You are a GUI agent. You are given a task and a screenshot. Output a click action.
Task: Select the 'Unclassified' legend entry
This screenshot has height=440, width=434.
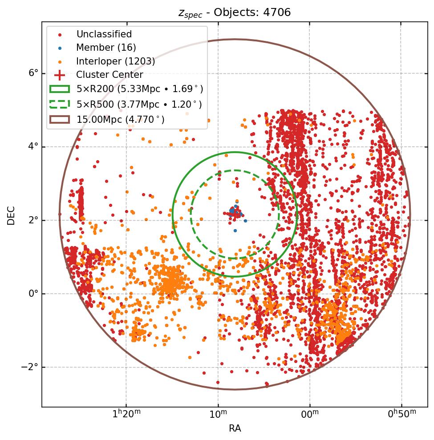tap(104, 34)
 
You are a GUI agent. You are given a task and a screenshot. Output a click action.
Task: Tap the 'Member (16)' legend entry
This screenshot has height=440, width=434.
tap(106, 48)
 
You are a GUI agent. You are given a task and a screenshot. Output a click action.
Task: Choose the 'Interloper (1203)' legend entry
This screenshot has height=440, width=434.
tap(115, 61)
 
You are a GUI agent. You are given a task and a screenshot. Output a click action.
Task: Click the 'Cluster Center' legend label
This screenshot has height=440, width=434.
tap(110, 75)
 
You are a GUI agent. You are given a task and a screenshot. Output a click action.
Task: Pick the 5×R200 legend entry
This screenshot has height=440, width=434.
tap(139, 89)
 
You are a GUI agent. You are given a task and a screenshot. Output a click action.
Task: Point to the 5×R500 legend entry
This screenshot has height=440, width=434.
tap(139, 104)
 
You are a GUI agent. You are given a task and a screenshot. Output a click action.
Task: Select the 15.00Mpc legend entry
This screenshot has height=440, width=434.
tap(120, 119)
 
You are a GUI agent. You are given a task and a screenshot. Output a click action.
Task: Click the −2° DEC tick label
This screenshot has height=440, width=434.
tap(31, 367)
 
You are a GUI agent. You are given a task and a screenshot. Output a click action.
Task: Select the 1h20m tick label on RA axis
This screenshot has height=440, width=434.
tap(126, 414)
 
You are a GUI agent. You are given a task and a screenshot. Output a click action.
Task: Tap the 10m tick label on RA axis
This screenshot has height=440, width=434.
tap(218, 414)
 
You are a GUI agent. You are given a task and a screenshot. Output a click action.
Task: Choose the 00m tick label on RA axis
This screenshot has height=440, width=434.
tap(310, 414)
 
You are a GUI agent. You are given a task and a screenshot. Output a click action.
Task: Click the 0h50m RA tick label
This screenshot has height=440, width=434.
tap(402, 414)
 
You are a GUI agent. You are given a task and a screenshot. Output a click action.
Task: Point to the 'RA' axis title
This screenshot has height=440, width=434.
tap(235, 428)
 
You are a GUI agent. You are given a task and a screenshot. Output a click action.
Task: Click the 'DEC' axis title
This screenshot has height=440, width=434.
tap(11, 215)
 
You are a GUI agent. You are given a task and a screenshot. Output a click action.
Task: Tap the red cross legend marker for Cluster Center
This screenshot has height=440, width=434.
tap(60, 75)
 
